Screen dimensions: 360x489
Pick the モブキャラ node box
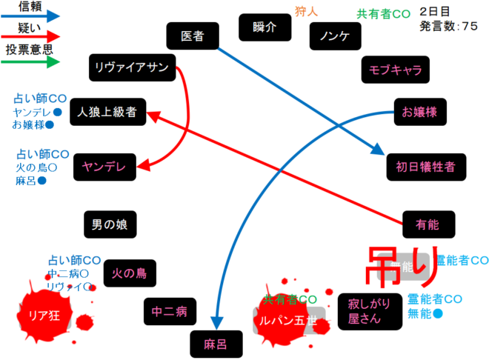click(x=395, y=70)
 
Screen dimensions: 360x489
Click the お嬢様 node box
click(x=419, y=112)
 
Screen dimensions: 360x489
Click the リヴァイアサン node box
click(x=133, y=67)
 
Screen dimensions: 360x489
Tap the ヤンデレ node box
click(x=107, y=167)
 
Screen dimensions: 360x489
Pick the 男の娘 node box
click(x=109, y=222)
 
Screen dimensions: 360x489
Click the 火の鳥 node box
click(x=129, y=273)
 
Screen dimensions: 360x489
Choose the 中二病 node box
click(x=169, y=312)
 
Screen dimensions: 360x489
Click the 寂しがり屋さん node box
click(x=363, y=311)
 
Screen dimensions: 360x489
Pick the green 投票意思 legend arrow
click(x=30, y=62)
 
